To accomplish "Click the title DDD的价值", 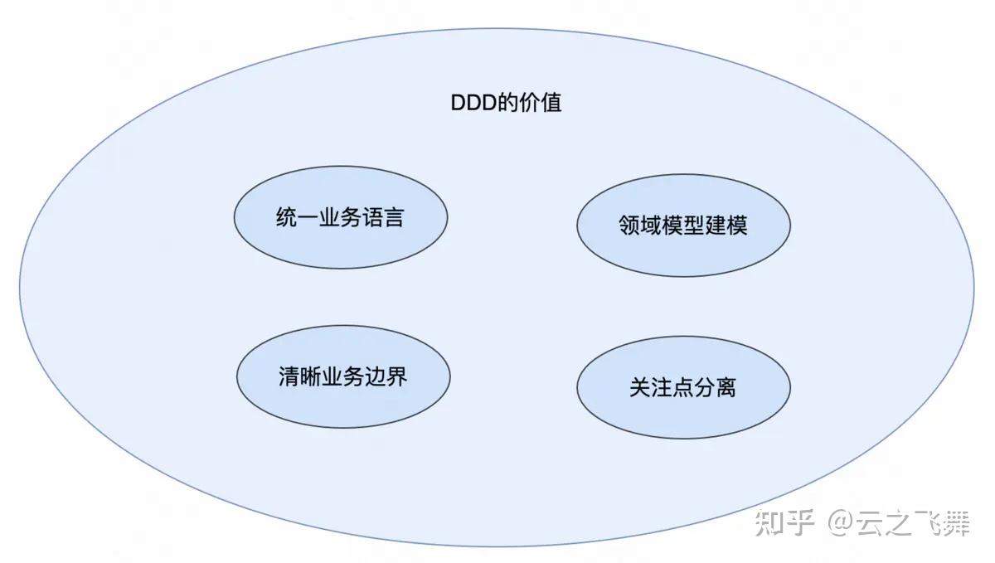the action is click(x=506, y=103).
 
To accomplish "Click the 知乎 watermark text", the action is click(x=780, y=524).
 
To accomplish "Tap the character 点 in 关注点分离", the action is click(x=683, y=388).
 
